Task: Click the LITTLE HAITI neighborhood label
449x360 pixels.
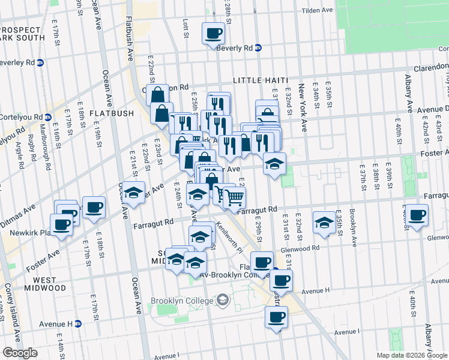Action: click(261, 80)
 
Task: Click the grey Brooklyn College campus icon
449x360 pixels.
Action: click(223, 299)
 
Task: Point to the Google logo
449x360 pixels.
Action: click(20, 353)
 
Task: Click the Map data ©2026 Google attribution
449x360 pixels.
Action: click(412, 355)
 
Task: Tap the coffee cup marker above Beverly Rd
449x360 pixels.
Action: click(214, 34)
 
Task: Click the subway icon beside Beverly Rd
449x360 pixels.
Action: click(258, 48)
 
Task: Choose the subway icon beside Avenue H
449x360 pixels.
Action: click(77, 324)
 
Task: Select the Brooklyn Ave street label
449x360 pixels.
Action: click(354, 228)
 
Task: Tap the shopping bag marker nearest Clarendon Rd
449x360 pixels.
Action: click(158, 94)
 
